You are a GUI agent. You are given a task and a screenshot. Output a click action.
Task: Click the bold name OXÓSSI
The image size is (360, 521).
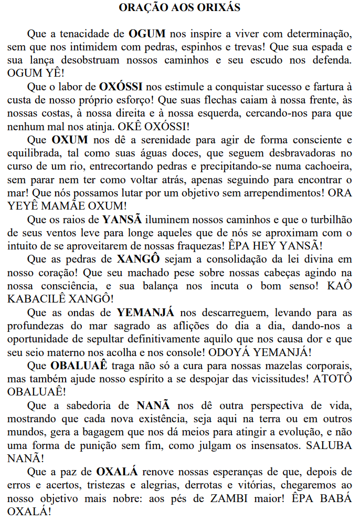pyautogui.click(x=120, y=85)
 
